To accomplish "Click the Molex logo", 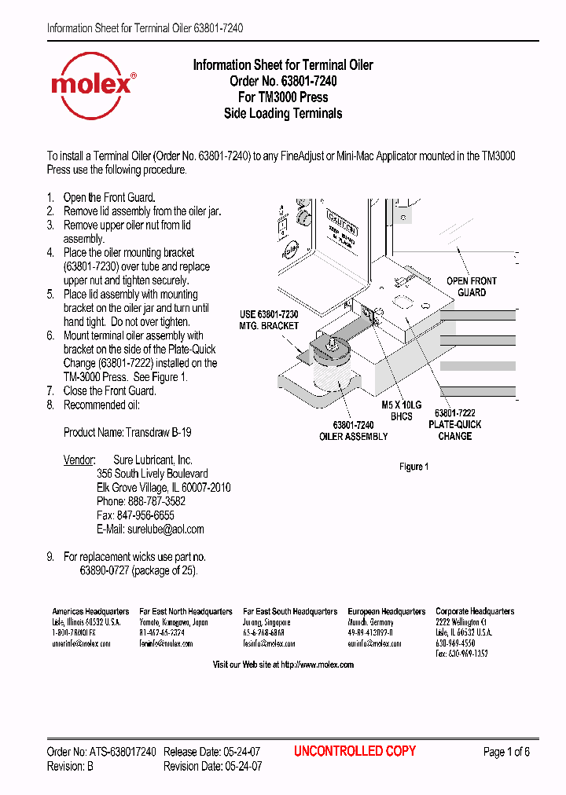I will click(x=93, y=81).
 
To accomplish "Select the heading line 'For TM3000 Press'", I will click(x=283, y=97).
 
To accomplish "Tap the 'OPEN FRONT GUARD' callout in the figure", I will click(x=472, y=287).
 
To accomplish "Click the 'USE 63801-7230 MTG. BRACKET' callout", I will click(x=269, y=320).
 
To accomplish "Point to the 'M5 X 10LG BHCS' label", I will click(x=401, y=410).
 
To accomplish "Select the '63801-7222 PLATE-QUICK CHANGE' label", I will click(x=455, y=424).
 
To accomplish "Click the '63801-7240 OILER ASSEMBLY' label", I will click(x=353, y=430).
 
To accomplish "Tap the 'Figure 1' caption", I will click(x=413, y=467).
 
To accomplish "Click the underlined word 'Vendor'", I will click(x=79, y=460).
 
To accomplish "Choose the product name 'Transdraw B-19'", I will click(x=159, y=432).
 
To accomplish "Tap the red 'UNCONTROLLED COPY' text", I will click(x=355, y=751).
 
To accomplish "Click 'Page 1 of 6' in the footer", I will click(x=506, y=752).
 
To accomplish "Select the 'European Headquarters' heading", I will click(x=387, y=611).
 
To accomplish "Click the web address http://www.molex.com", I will click(x=317, y=665).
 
